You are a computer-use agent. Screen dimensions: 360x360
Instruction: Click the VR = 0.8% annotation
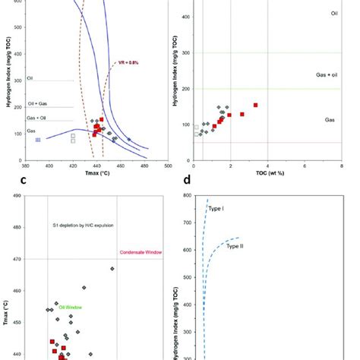coord(127,63)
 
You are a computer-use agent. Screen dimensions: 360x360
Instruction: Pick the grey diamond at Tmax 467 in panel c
coord(112,268)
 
